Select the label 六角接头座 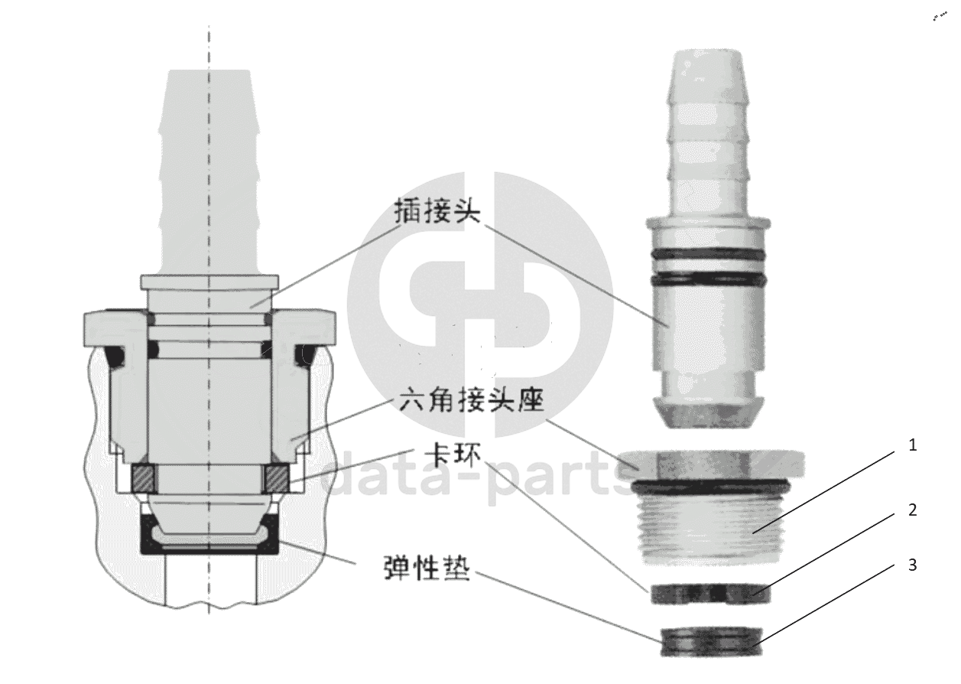[x=460, y=401]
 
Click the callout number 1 [x=911, y=445]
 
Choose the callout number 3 [x=911, y=565]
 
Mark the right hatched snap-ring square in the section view [x=276, y=478]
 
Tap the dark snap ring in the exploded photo [x=707, y=594]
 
